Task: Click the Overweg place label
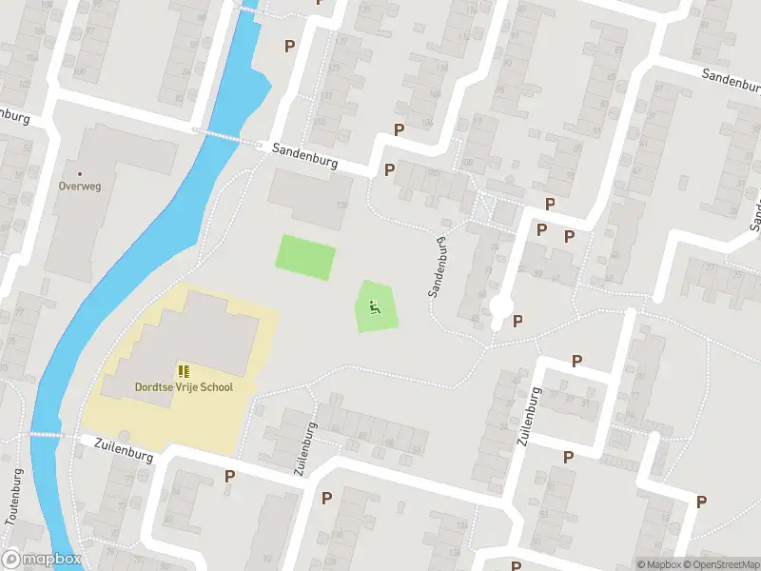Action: coord(79,187)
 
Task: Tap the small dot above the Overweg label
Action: coord(79,174)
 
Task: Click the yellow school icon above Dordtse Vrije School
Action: coord(182,371)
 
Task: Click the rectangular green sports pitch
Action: coord(305,257)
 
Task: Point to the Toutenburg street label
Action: coord(15,497)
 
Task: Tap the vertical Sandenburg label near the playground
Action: coord(439,267)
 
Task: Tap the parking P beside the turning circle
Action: coord(518,322)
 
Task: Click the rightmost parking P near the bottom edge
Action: coord(701,502)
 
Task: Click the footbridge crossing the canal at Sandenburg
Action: coord(228,136)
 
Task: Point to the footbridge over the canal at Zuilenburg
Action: coord(44,434)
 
